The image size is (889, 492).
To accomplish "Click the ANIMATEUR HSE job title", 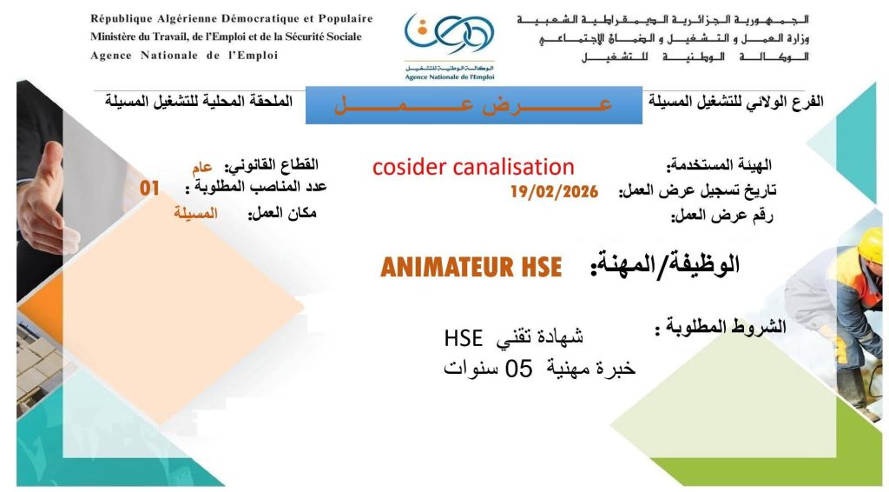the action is click(x=471, y=267).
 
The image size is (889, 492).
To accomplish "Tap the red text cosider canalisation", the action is click(x=473, y=167).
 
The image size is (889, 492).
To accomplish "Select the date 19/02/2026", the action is click(x=555, y=192).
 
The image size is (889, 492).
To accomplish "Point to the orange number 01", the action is click(x=149, y=189).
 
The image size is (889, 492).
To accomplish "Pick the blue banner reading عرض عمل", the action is click(x=474, y=105).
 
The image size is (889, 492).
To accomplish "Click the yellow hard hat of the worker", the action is click(x=873, y=244).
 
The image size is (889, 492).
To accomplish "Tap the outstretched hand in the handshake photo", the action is click(x=47, y=198).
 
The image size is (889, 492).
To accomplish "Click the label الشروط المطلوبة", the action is click(x=721, y=327).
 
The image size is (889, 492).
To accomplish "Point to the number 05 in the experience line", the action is click(x=519, y=369).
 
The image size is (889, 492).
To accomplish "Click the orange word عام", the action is click(x=201, y=167).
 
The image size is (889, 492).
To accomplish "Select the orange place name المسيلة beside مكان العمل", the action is click(x=195, y=213).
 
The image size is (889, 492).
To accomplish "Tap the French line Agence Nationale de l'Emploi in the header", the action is click(x=184, y=56).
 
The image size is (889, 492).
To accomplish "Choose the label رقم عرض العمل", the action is click(x=722, y=216).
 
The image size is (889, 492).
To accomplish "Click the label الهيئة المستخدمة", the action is click(x=719, y=166).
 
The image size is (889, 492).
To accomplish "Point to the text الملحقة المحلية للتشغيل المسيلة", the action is click(x=199, y=102).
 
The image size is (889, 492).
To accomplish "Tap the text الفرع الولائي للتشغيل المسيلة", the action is click(x=736, y=103).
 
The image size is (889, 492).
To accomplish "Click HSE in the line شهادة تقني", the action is click(x=464, y=338).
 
